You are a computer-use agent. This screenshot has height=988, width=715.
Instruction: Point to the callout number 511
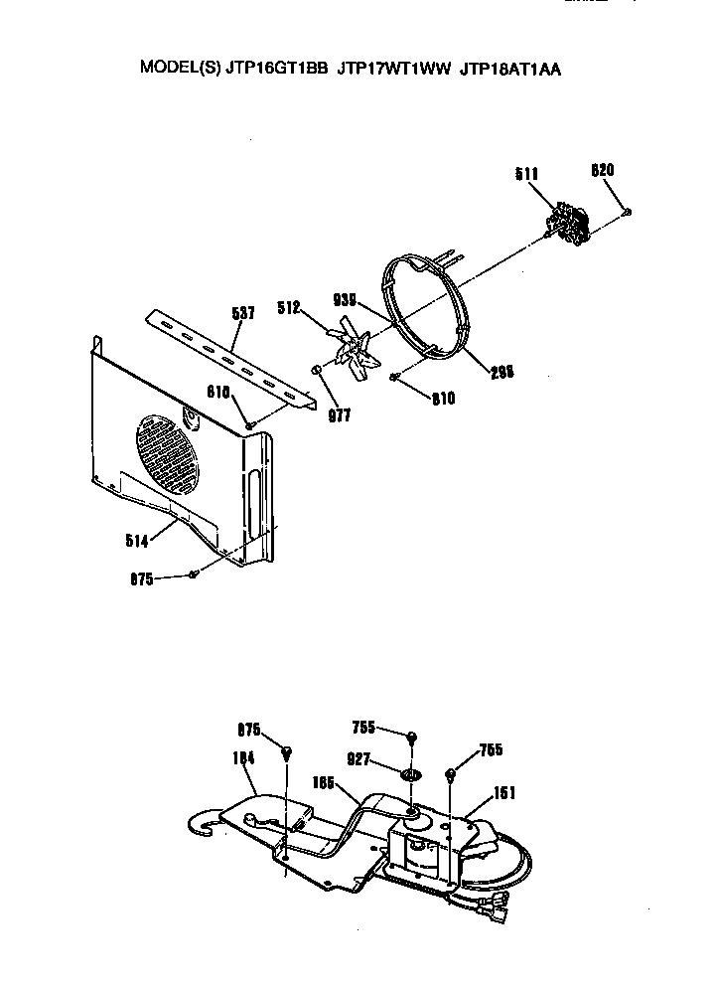point(527,175)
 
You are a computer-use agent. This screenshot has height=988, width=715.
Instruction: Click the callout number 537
point(242,313)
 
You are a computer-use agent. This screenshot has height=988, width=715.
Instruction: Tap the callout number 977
point(340,415)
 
